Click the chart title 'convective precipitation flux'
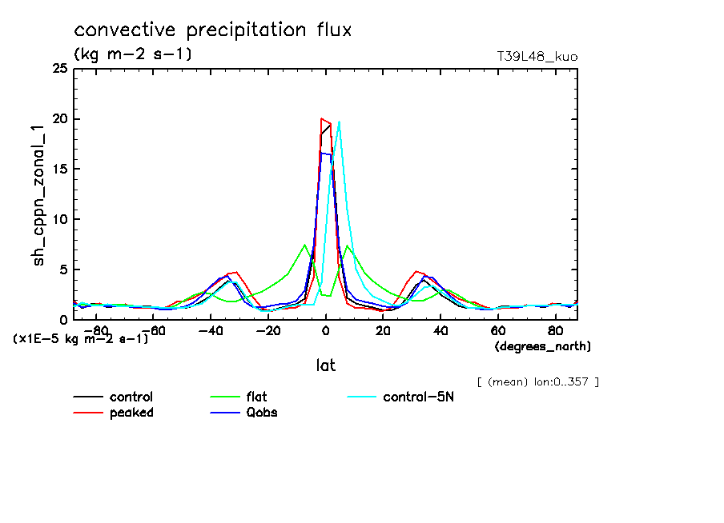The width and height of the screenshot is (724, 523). pyautogui.click(x=213, y=30)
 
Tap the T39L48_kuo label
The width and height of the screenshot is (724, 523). pyautogui.click(x=537, y=57)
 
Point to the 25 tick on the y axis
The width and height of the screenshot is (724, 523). pyautogui.click(x=59, y=70)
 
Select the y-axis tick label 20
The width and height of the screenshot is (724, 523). pyautogui.click(x=59, y=119)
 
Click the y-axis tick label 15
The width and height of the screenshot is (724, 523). pyautogui.click(x=59, y=170)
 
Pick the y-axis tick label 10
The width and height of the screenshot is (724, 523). pyautogui.click(x=59, y=219)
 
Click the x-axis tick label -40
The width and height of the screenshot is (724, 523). pyautogui.click(x=210, y=329)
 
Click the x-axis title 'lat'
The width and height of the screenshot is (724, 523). pyautogui.click(x=325, y=365)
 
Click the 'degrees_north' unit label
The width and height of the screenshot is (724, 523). pyautogui.click(x=543, y=346)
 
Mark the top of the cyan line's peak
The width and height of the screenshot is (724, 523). pyautogui.click(x=340, y=122)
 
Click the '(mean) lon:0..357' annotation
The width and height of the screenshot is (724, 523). pyautogui.click(x=537, y=381)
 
